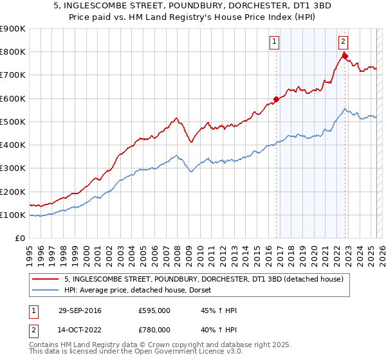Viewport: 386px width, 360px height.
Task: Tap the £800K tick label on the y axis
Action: (x=13, y=52)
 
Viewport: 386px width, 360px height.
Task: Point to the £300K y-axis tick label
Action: (x=13, y=168)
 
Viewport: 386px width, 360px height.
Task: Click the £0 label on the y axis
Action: (x=19, y=239)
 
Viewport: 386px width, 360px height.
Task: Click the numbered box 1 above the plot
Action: (x=274, y=42)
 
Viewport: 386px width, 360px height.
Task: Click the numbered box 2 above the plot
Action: (x=343, y=42)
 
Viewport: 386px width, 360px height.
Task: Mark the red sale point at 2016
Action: (x=277, y=100)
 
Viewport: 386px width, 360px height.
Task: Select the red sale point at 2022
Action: (x=345, y=56)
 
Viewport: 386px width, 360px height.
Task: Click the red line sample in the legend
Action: (x=45, y=280)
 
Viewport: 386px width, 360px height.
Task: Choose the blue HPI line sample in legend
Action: (x=45, y=291)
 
